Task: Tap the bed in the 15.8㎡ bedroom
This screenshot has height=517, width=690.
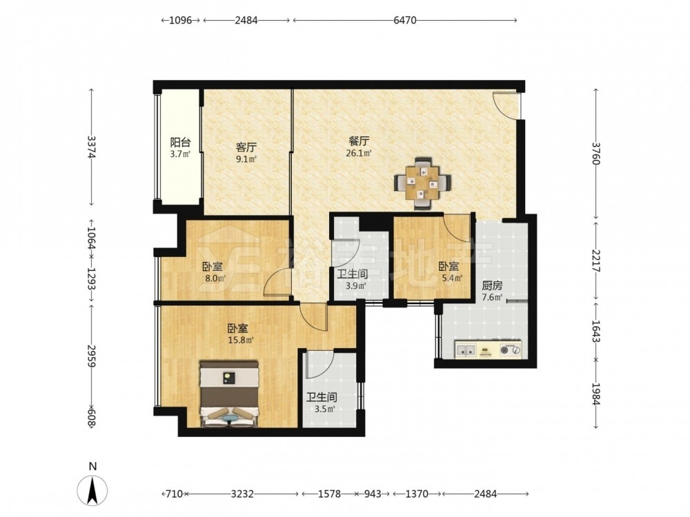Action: (x=229, y=394)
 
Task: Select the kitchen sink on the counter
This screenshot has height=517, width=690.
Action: (x=466, y=350)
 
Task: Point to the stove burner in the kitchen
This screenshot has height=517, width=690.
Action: (x=511, y=350)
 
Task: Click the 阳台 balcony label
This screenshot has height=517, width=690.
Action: (x=180, y=143)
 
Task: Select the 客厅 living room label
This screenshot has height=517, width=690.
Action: (x=246, y=147)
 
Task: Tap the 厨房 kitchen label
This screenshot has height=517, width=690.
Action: (x=492, y=286)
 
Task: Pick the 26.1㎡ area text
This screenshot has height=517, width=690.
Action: (x=359, y=154)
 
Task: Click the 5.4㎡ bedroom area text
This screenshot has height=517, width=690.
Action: (x=452, y=278)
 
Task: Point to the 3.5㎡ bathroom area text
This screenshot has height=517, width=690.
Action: (x=325, y=409)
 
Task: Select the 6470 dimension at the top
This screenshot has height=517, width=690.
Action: (x=405, y=20)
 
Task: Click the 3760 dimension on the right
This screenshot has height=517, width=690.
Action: (x=595, y=153)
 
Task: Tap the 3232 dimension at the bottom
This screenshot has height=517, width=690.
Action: (x=242, y=494)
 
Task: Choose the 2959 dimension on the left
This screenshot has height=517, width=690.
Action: (x=92, y=356)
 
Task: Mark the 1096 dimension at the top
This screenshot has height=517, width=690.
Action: (x=181, y=20)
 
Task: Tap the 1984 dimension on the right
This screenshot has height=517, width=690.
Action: (x=595, y=394)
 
